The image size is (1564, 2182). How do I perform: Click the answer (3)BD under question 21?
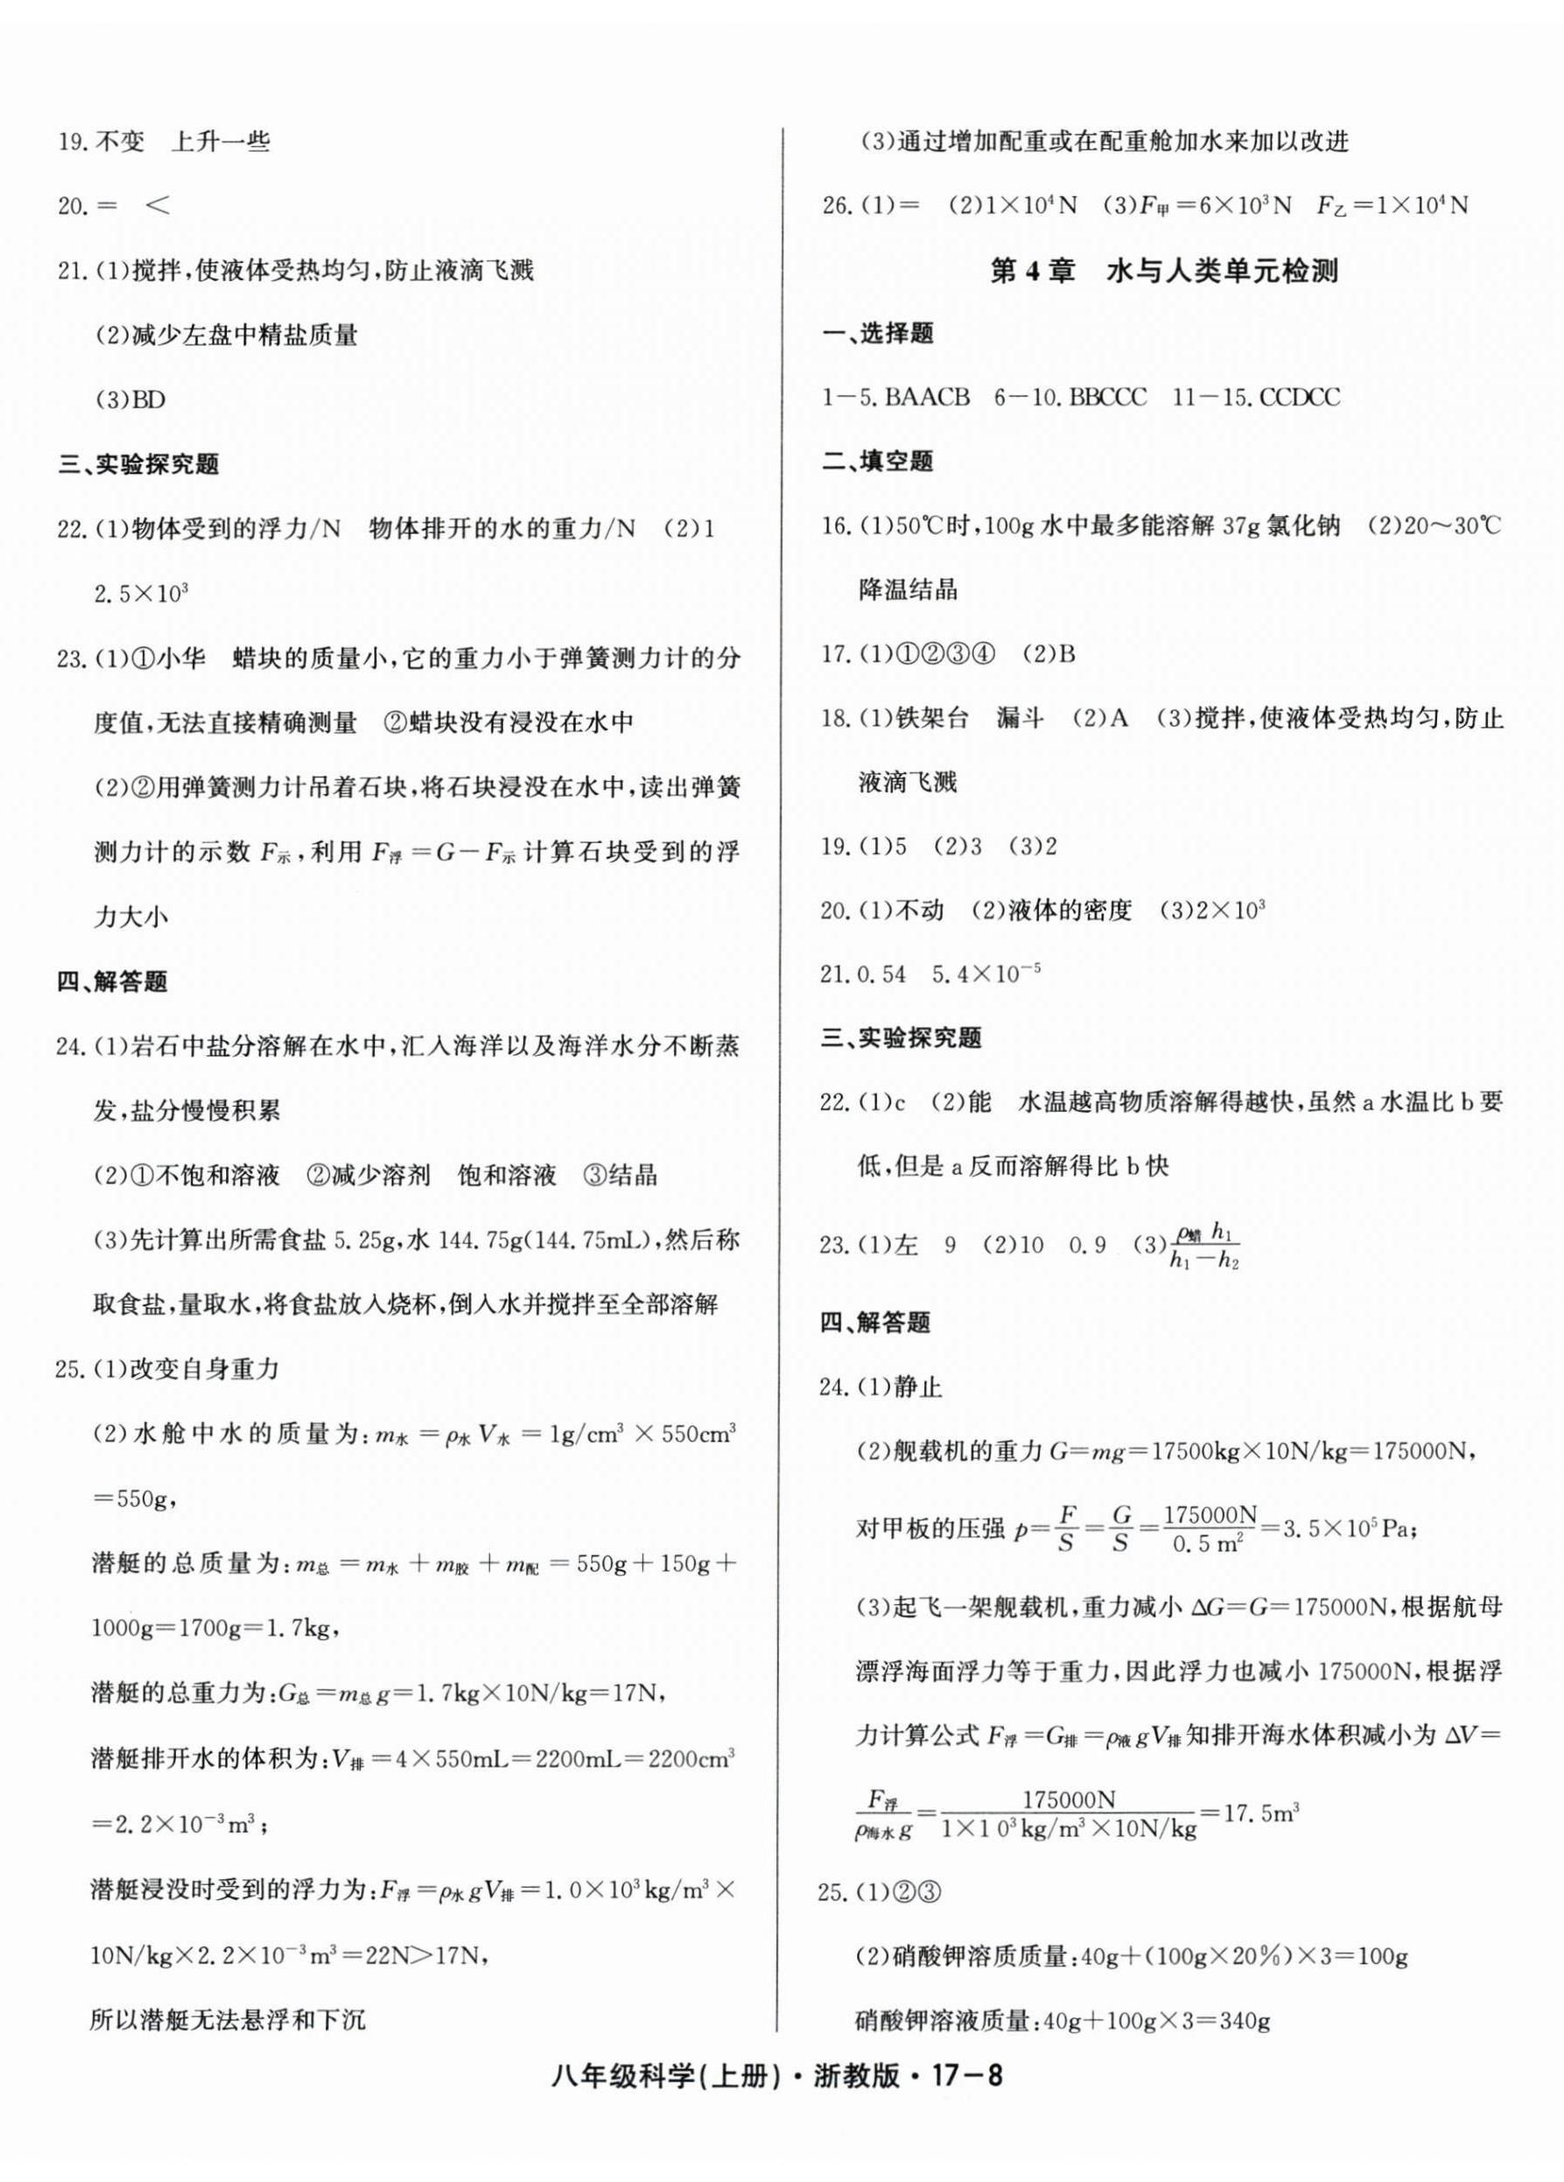click(x=130, y=399)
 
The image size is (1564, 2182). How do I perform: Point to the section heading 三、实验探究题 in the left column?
click(x=138, y=464)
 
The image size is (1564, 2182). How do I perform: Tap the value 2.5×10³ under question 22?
click(x=140, y=593)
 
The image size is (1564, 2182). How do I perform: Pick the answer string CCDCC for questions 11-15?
click(x=1299, y=398)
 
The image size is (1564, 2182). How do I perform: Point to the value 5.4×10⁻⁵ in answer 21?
click(x=986, y=974)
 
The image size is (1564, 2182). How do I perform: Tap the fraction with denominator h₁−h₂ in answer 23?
click(x=1204, y=1246)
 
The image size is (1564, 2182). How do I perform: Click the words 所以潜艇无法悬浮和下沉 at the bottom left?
click(x=227, y=2018)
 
